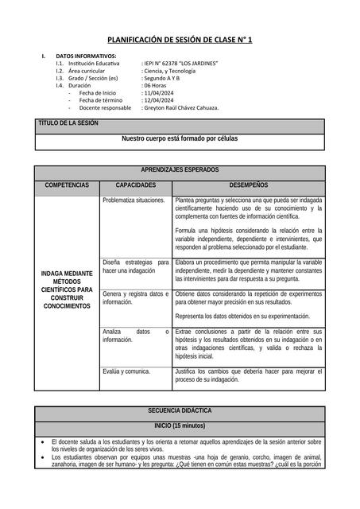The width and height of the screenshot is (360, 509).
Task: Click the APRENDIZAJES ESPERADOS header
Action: point(180,170)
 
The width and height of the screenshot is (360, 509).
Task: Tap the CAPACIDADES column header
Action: point(136,185)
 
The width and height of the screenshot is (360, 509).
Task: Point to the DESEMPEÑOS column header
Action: point(249,185)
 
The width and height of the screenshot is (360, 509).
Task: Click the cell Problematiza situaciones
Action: point(134,200)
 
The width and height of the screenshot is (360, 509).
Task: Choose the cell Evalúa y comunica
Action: point(126,371)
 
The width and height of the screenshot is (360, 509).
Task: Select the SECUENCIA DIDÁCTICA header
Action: point(180,410)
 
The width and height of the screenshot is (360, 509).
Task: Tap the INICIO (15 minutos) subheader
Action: point(180,425)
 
